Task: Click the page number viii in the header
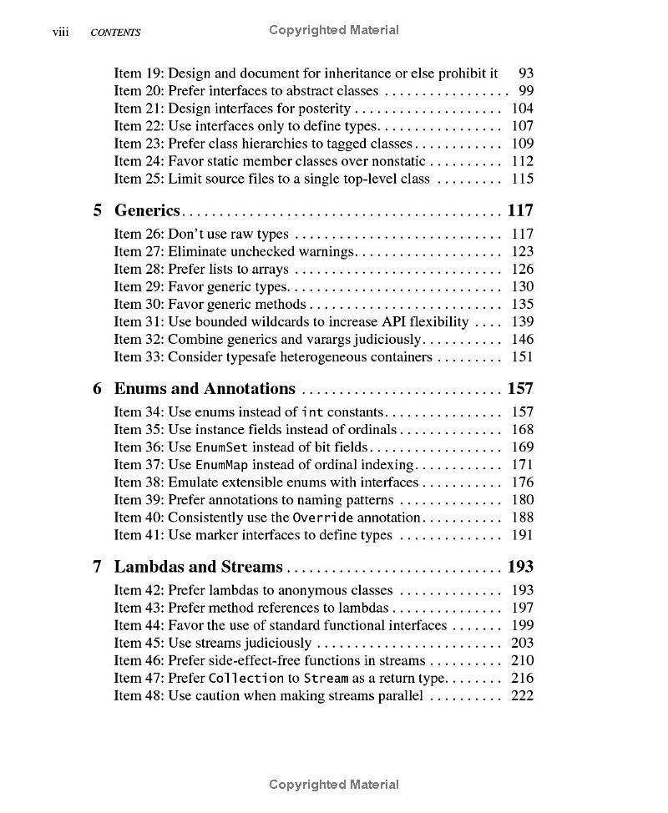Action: (60, 32)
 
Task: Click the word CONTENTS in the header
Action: (115, 33)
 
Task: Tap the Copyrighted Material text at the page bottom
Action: (334, 785)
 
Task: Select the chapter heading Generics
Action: (147, 210)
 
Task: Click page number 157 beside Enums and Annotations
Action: (520, 388)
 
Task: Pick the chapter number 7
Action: (98, 567)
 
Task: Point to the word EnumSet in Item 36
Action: (221, 447)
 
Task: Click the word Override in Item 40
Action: (322, 518)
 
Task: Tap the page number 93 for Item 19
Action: (526, 73)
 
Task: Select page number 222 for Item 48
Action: (522, 696)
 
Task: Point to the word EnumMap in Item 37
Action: (221, 465)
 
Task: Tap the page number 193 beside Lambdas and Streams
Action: (520, 567)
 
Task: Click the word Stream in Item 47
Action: (326, 679)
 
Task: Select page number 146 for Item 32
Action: (522, 340)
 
